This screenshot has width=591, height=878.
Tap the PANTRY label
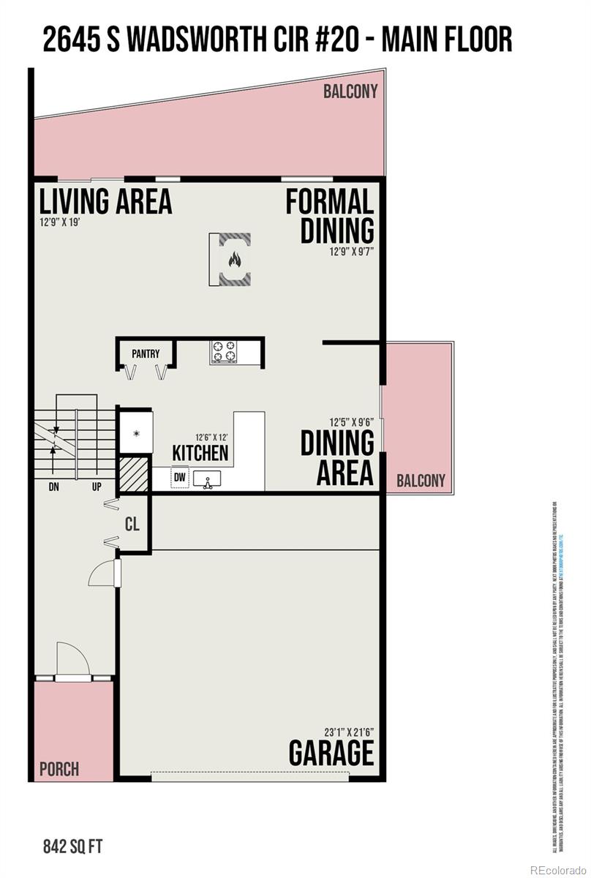(146, 353)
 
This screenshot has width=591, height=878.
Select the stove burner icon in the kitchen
(225, 351)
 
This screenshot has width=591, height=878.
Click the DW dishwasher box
(179, 478)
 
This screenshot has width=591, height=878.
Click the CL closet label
(132, 524)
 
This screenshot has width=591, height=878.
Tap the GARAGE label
(331, 752)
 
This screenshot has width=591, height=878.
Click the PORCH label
(59, 769)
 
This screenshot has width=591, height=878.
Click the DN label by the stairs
(53, 487)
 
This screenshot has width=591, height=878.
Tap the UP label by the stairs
(97, 487)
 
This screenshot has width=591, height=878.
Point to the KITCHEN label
(200, 453)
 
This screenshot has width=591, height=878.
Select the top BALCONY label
(351, 91)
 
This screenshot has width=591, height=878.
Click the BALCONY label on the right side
(421, 481)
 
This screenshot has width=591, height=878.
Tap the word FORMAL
(329, 202)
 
